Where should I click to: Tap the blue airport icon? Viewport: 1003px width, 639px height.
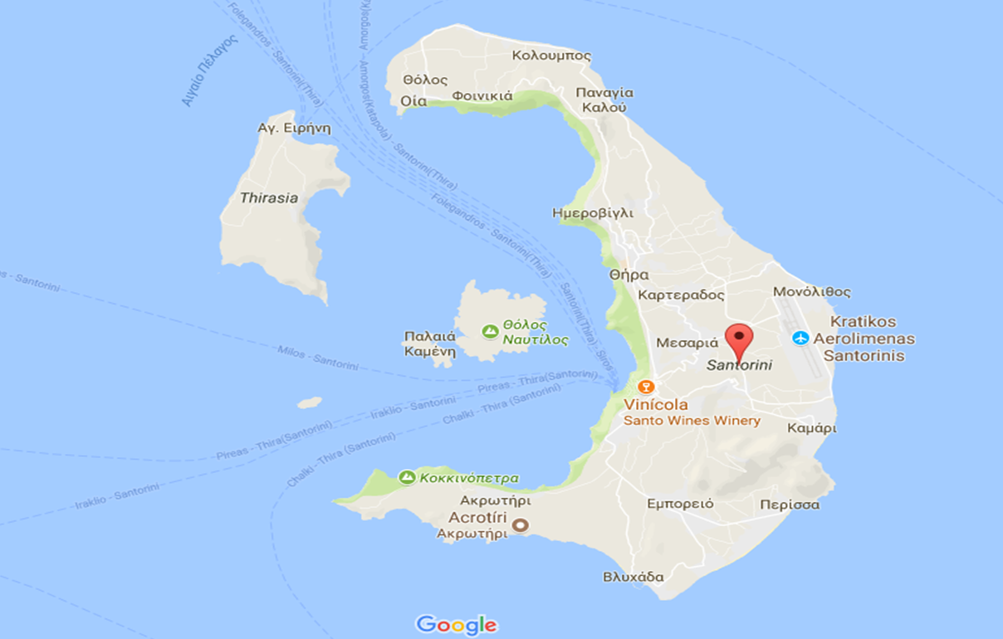tap(800, 338)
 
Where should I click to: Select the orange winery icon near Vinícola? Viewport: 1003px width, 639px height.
tap(646, 387)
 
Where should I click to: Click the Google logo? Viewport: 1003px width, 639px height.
tap(456, 624)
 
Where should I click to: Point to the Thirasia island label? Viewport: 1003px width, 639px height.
tap(268, 198)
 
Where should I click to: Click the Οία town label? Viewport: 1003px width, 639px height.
tap(413, 100)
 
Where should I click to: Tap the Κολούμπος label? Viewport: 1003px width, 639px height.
tap(552, 56)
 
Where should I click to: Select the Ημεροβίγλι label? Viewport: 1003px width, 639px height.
tap(593, 213)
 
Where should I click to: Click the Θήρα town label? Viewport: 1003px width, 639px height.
tap(629, 275)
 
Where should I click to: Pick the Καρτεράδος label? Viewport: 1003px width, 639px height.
tap(682, 295)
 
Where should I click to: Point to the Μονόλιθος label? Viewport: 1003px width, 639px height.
tap(812, 292)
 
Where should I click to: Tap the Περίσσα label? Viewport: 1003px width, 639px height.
tap(790, 505)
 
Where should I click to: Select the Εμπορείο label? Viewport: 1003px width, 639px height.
tap(681, 504)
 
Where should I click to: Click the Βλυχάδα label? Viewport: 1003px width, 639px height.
tap(634, 577)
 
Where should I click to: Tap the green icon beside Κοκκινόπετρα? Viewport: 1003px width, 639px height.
tap(407, 477)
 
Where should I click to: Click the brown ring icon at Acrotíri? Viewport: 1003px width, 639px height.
tap(521, 524)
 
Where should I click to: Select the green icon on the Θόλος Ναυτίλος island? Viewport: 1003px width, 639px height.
tap(490, 331)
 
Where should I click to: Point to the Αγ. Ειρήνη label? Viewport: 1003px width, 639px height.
tap(295, 128)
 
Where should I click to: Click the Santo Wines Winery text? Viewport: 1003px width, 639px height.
tap(692, 421)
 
